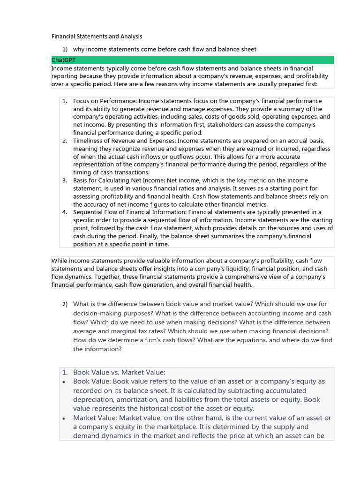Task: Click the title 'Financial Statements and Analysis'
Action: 97,36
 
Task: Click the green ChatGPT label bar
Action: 192,60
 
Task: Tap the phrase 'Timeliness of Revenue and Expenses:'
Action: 125,141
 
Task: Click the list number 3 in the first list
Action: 65,180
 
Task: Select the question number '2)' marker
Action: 65,304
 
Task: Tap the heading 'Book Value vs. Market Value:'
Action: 119,372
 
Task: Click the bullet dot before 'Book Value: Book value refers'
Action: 64,382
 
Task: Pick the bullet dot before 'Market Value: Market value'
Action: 64,418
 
